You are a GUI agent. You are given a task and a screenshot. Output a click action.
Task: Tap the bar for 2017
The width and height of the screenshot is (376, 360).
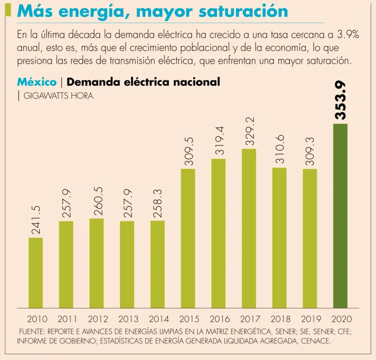[249, 228]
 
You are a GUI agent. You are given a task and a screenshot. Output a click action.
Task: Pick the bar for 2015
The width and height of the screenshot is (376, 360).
[188, 238]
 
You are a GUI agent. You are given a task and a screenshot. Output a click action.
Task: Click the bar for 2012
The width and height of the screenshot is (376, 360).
[96, 263]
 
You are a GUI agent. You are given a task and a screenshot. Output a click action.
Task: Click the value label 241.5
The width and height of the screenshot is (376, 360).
[36, 219]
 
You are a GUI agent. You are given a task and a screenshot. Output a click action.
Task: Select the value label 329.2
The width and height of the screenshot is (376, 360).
[249, 131]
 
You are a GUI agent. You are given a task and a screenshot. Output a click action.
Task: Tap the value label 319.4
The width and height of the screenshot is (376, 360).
[219, 141]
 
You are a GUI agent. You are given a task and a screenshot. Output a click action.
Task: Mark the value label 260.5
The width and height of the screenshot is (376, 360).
[97, 200]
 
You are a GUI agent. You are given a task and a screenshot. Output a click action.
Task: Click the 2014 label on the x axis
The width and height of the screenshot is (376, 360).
[158, 319]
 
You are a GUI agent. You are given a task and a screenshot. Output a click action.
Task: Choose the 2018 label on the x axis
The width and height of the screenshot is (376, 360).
[280, 319]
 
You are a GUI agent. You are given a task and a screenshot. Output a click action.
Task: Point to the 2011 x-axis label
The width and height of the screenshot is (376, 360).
[67, 319]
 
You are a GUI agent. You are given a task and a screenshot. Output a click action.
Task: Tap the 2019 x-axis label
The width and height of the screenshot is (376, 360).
[310, 319]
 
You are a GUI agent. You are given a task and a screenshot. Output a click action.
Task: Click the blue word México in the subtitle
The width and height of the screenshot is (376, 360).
[37, 82]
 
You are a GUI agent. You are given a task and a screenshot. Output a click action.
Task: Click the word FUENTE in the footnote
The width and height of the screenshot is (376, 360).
[32, 331]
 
